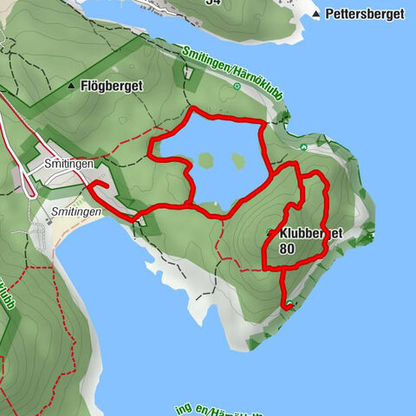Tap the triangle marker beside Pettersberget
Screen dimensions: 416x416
click(318, 15)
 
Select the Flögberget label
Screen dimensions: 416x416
click(109, 86)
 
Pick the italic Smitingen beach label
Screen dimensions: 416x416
click(75, 211)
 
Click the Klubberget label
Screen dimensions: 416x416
click(312, 234)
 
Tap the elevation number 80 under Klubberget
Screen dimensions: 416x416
click(288, 249)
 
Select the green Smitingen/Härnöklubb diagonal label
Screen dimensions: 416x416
click(232, 76)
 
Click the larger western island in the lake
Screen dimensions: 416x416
click(205, 160)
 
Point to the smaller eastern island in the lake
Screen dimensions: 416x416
click(237, 159)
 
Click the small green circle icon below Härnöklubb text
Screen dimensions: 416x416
click(237, 88)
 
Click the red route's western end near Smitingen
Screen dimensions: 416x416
click(90, 184)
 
